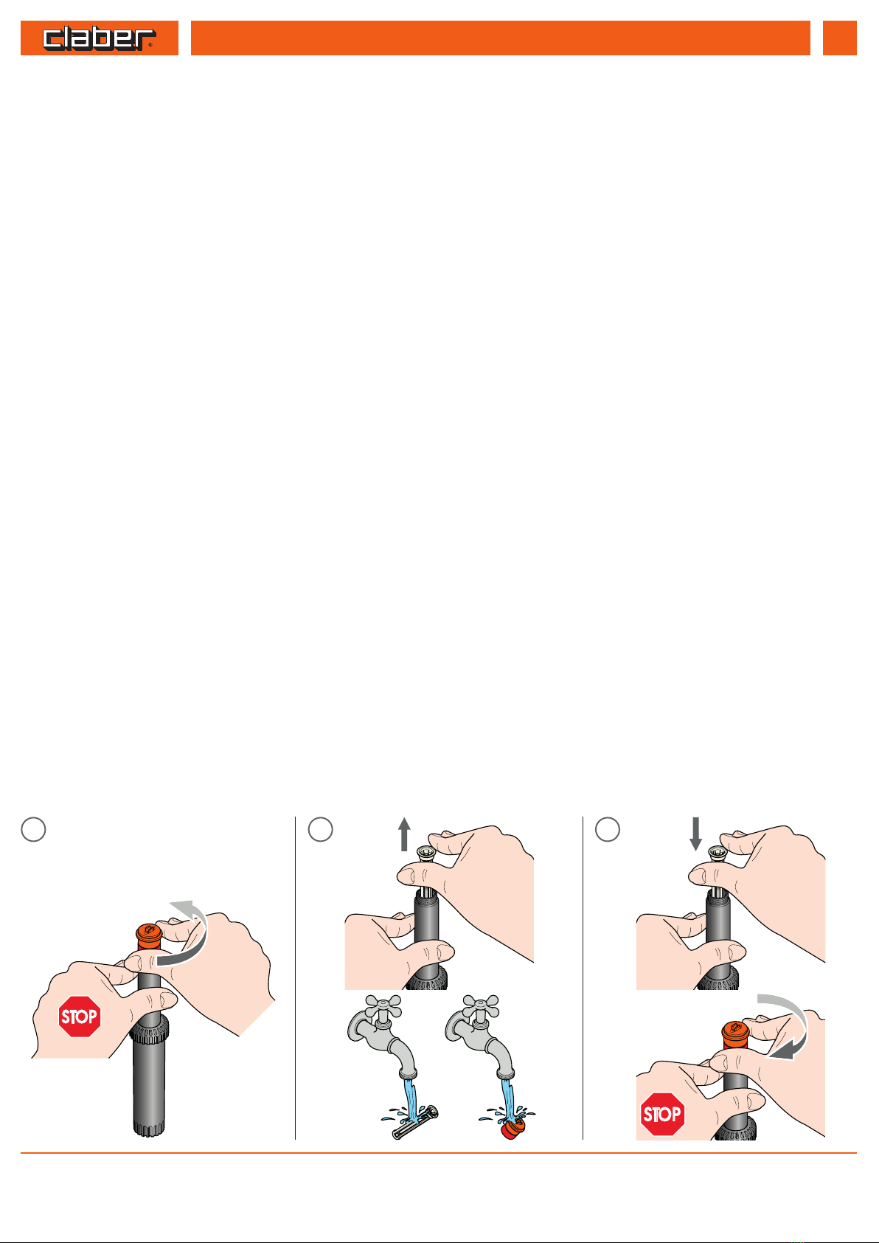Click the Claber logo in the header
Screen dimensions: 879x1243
point(100,38)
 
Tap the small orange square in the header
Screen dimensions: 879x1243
point(839,38)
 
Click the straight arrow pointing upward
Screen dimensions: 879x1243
point(404,834)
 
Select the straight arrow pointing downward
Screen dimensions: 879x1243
point(695,834)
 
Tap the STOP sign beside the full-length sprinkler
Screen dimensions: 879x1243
point(80,1017)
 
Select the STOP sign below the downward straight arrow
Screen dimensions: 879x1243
point(662,1114)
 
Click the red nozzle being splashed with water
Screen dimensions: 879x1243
point(513,1129)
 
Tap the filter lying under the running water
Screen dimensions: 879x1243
point(415,1123)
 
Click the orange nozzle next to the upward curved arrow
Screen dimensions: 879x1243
point(149,936)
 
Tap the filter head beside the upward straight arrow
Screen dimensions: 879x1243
point(426,853)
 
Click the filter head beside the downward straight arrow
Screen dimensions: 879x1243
point(718,853)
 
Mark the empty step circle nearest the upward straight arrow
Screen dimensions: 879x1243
point(321,830)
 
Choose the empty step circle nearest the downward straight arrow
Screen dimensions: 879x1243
point(608,830)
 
